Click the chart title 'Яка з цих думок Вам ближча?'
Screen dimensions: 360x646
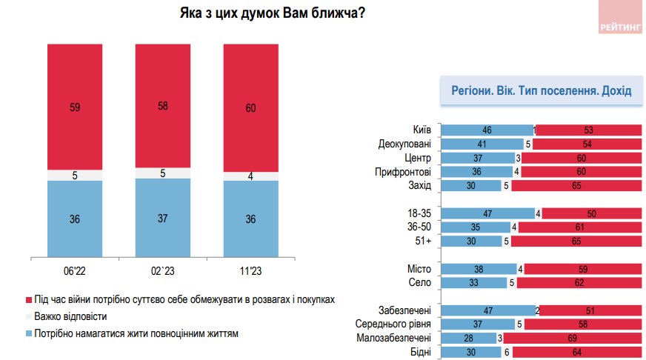tap(271, 14)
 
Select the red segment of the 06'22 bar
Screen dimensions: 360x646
tap(75, 107)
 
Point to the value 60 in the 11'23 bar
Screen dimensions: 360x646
tap(250, 109)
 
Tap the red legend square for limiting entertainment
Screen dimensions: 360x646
tap(28, 300)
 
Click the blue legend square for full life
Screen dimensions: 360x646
tap(28, 333)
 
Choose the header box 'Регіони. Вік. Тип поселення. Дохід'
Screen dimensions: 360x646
tap(541, 91)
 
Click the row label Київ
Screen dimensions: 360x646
tap(422, 130)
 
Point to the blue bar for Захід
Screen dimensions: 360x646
tap(470, 186)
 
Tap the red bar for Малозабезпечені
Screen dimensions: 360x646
tap(573, 339)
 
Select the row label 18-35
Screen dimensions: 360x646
tap(419, 214)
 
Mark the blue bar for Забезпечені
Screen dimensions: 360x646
tap(487, 310)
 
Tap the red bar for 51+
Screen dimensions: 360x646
tap(576, 241)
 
